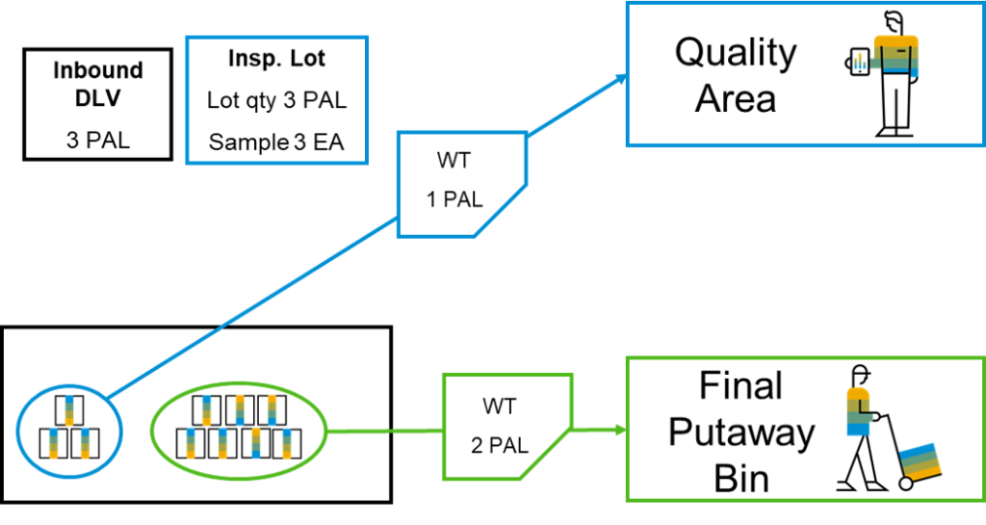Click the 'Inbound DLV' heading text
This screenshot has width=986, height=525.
point(98,84)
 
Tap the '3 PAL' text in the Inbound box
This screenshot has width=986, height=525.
point(98,140)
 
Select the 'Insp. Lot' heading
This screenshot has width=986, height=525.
point(276,59)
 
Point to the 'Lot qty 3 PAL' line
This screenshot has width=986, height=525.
point(276,100)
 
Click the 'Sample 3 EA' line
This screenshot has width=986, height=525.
point(276,142)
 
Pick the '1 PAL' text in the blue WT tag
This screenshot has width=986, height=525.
point(454,199)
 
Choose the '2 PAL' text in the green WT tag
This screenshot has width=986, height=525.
point(500,445)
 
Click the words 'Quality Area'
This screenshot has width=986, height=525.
point(736,75)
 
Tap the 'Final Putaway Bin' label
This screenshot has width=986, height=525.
point(741,433)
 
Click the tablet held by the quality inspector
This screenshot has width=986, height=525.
point(859,62)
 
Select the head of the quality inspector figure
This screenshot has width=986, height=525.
point(893,22)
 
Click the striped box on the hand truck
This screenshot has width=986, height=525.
point(921,460)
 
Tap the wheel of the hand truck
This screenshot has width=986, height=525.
point(906,484)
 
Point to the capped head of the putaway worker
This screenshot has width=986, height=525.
point(860,376)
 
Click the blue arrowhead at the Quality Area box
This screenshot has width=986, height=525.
point(621,79)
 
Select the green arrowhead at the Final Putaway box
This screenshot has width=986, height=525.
point(621,430)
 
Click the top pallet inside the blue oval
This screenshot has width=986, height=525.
point(69,410)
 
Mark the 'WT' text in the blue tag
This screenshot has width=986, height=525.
point(454,160)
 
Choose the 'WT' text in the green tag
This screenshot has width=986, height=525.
point(500,407)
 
